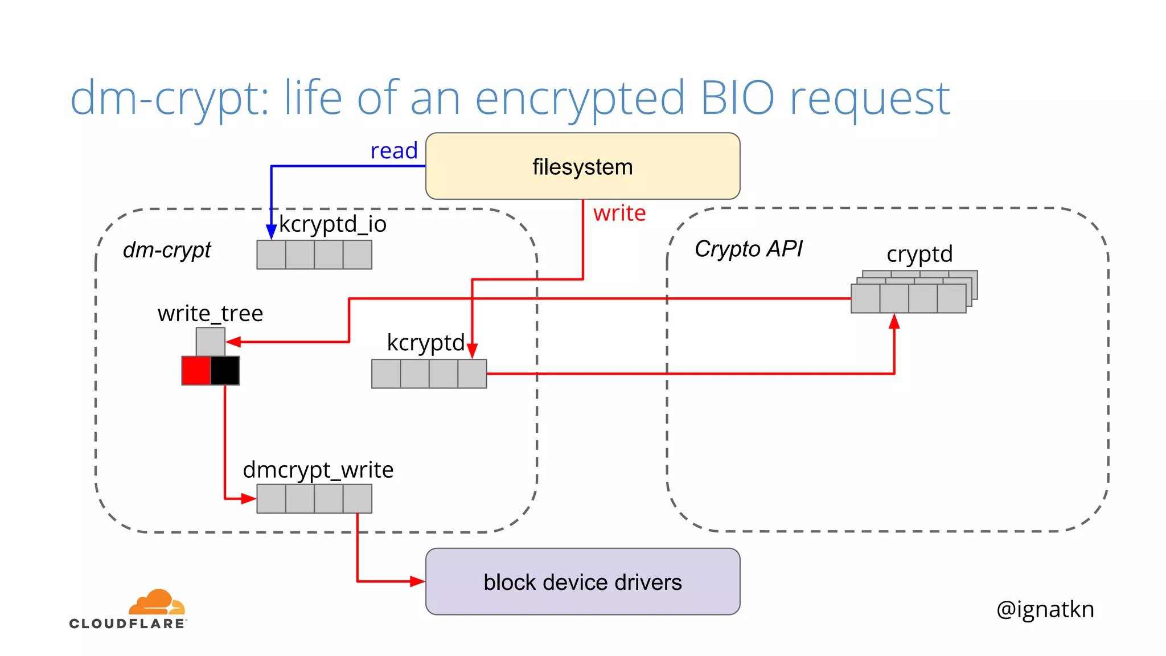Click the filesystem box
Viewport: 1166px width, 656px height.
(x=582, y=166)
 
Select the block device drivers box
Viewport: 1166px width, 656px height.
(x=582, y=581)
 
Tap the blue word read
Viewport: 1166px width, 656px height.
(x=394, y=151)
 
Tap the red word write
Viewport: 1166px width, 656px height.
(x=619, y=213)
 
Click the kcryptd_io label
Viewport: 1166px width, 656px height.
(x=332, y=224)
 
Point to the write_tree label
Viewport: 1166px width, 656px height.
(x=210, y=314)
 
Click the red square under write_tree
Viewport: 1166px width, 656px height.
(x=196, y=371)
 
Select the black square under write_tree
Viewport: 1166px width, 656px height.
(x=225, y=371)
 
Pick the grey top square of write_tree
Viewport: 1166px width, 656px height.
(x=210, y=342)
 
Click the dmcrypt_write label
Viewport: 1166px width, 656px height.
(x=318, y=470)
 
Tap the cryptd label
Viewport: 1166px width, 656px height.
(x=919, y=254)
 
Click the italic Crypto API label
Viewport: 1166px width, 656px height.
(x=748, y=249)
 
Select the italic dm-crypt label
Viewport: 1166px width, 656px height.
(x=167, y=250)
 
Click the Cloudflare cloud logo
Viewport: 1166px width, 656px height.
(x=157, y=602)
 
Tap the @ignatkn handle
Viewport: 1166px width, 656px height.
(x=1045, y=609)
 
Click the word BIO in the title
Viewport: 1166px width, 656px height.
(x=737, y=98)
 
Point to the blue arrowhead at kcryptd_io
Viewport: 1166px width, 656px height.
(x=272, y=231)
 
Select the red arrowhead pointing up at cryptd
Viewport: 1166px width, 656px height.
(x=894, y=322)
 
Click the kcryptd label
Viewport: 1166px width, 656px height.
(x=425, y=343)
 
